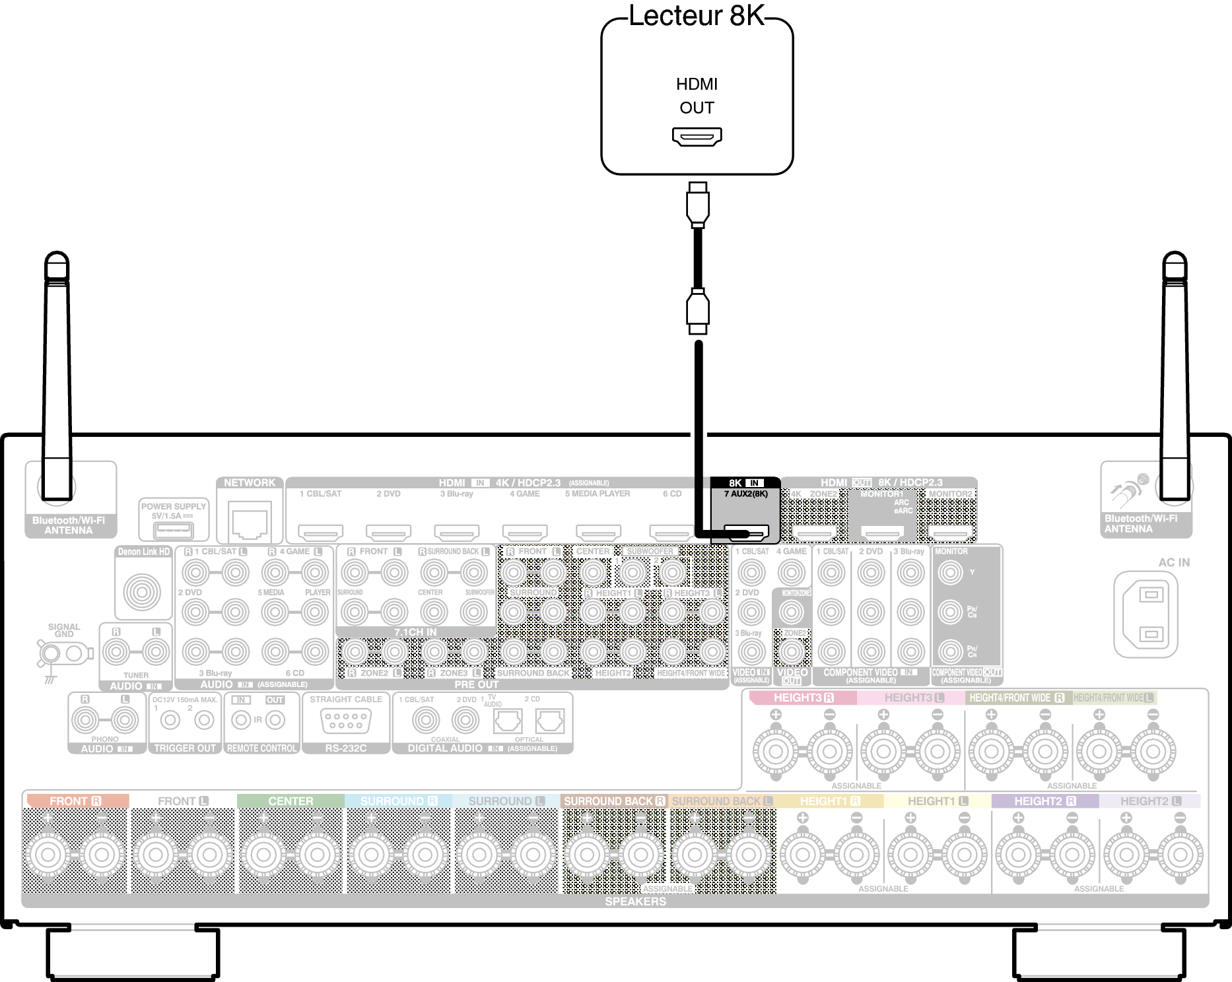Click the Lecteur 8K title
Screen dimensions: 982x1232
[x=696, y=16]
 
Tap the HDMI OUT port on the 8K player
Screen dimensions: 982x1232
[x=697, y=137]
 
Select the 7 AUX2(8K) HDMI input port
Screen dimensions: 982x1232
[x=746, y=531]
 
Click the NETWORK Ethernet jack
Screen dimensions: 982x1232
[x=250, y=521]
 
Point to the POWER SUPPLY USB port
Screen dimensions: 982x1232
[x=173, y=530]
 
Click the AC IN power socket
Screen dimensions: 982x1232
[x=1146, y=614]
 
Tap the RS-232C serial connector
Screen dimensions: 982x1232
[x=345, y=721]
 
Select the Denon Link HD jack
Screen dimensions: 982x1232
[x=142, y=591]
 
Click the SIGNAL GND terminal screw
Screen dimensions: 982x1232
[x=50, y=654]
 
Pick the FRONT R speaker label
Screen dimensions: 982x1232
[x=76, y=801]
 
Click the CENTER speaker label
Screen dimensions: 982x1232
[x=291, y=801]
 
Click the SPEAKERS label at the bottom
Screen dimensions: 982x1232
[x=635, y=901]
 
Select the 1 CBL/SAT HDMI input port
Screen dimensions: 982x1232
[x=321, y=531]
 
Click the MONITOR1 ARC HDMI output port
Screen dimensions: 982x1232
[x=883, y=532]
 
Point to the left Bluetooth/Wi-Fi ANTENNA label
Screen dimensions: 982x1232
[x=69, y=525]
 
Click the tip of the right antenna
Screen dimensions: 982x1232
[x=1175, y=259]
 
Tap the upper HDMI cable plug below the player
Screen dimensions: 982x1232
[x=697, y=204]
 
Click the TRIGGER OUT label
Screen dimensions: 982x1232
[x=185, y=748]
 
